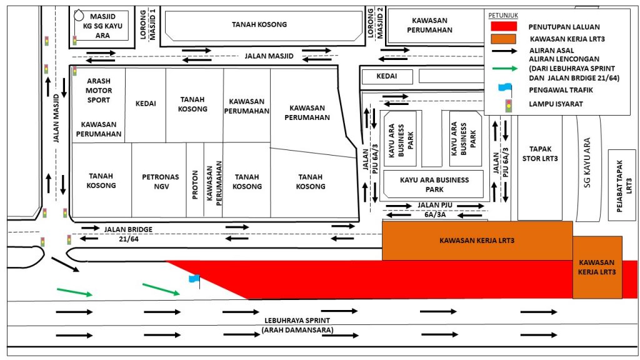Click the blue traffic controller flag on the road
click(194, 279)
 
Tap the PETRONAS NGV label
click(161, 182)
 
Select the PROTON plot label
click(195, 185)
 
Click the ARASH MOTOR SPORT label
click(98, 90)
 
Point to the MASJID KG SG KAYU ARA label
click(102, 26)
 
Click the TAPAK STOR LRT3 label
click(539, 154)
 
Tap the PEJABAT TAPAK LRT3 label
click(624, 186)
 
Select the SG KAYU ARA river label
click(587, 162)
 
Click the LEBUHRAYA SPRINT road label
click(297, 321)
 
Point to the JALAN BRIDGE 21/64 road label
click(128, 234)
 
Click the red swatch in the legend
click(504, 26)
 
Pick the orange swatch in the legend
click(504, 39)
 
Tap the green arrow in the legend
click(505, 69)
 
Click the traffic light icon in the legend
click(509, 106)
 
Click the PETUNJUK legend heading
click(503, 15)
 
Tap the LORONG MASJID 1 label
click(147, 24)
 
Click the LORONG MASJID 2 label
click(376, 23)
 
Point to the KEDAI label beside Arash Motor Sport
click(146, 104)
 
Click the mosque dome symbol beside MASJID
click(78, 16)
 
